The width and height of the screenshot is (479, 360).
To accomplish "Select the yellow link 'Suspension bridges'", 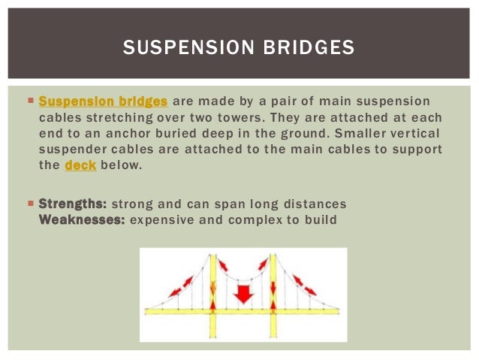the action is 103,101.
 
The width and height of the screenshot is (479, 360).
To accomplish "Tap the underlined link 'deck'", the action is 80,166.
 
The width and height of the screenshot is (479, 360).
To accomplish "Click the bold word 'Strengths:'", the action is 73,204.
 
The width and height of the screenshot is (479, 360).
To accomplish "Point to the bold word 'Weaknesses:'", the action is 82,220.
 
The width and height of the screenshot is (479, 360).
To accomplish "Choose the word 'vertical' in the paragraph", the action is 417,134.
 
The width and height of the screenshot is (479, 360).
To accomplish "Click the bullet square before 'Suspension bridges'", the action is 29,100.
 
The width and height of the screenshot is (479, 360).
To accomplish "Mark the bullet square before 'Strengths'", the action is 29,204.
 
